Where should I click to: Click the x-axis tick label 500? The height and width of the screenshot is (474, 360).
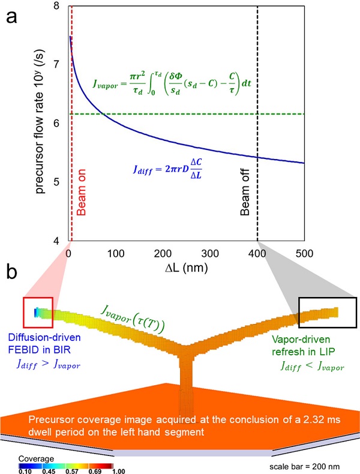[304, 253]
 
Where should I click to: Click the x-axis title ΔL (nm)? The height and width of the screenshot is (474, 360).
[186, 268]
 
